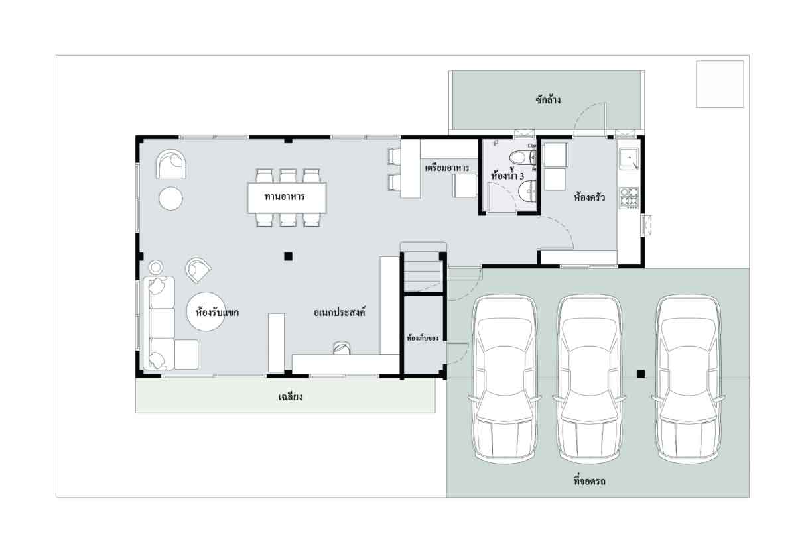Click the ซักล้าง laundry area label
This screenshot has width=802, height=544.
pyautogui.click(x=548, y=100)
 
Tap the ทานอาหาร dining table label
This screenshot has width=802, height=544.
pyautogui.click(x=285, y=197)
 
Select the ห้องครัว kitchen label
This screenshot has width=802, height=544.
pyautogui.click(x=589, y=197)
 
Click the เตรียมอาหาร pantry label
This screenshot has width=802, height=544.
pyautogui.click(x=447, y=168)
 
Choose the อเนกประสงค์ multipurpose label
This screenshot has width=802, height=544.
pyautogui.click(x=340, y=312)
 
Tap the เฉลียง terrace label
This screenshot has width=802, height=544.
pyautogui.click(x=291, y=397)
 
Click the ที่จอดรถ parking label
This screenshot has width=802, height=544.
pyautogui.click(x=589, y=481)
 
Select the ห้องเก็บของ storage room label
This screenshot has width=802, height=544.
pyautogui.click(x=423, y=338)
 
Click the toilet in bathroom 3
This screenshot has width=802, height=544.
pyautogui.click(x=522, y=158)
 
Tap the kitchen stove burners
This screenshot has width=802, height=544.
pyautogui.click(x=629, y=197)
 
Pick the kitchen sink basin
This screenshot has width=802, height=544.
pyautogui.click(x=629, y=159)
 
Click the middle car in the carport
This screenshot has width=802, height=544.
pyautogui.click(x=589, y=379)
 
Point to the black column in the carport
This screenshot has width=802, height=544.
pyautogui.click(x=641, y=374)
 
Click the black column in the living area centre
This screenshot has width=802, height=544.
pyautogui.click(x=288, y=256)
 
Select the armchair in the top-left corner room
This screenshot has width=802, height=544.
pyautogui.click(x=170, y=164)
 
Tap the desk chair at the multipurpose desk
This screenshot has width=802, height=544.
pyautogui.click(x=342, y=348)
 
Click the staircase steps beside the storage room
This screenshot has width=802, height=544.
pyautogui.click(x=422, y=273)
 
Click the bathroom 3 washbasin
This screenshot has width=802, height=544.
pyautogui.click(x=527, y=192)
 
